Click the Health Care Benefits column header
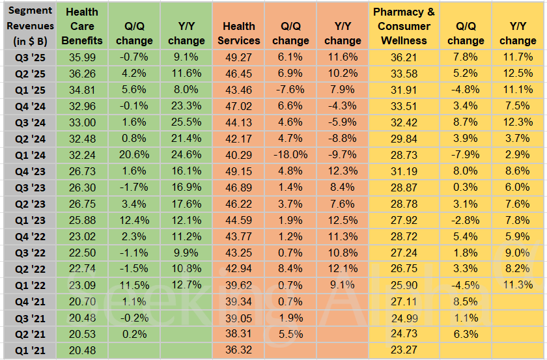coord(81,26)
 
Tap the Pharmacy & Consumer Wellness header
coord(404,26)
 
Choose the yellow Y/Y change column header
coord(518,33)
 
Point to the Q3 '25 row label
coord(27,57)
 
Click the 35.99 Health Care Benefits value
coord(81,57)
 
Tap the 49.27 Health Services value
coord(239,57)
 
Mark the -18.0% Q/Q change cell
coord(290,155)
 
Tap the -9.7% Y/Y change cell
coord(343,155)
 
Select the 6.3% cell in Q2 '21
coord(466,334)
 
